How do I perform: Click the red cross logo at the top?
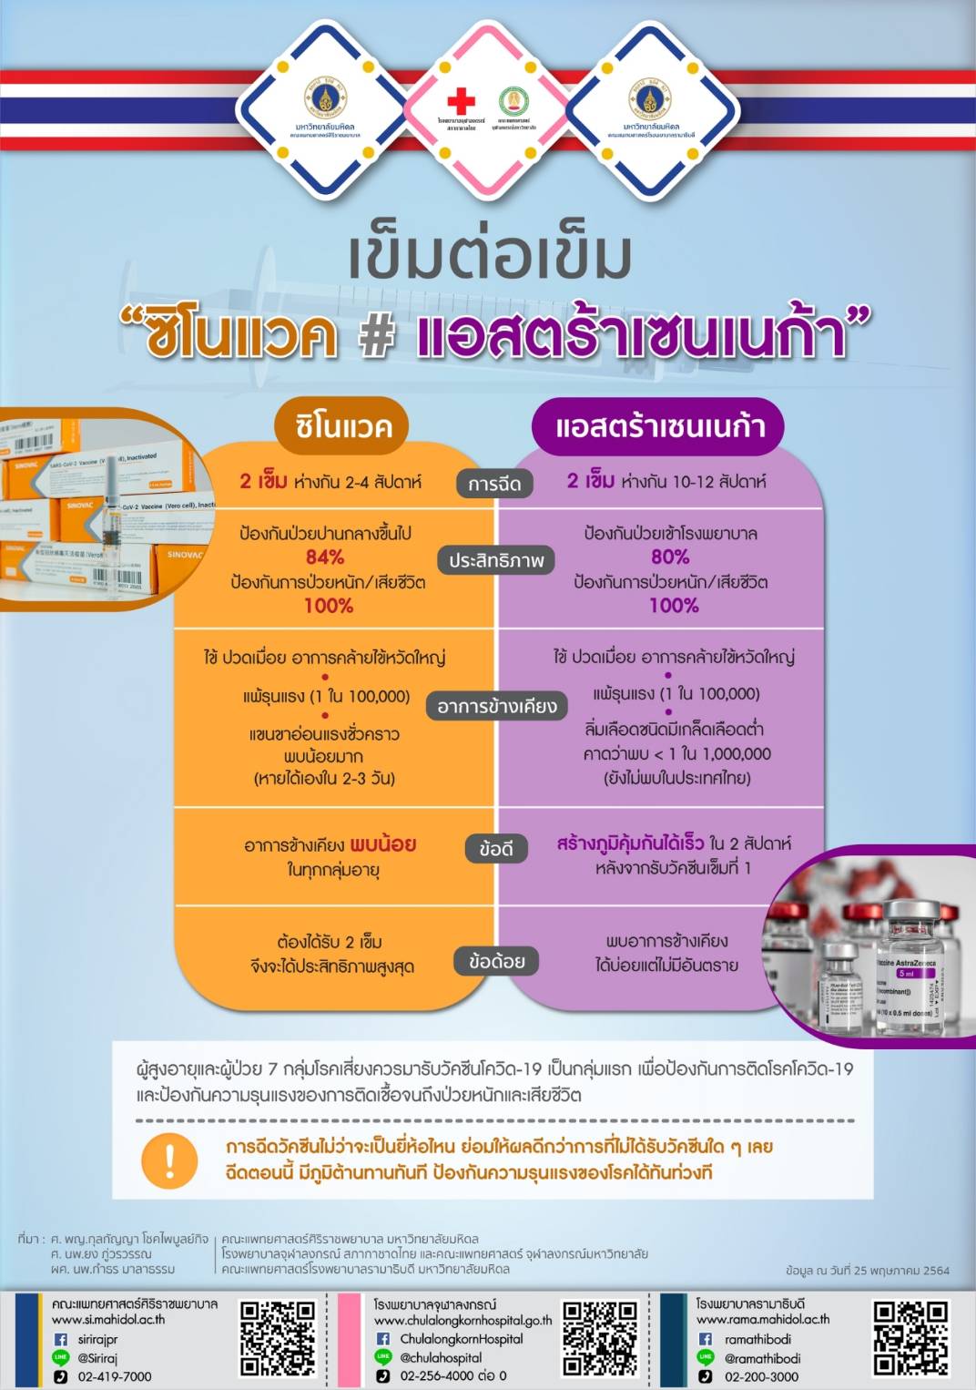(461, 100)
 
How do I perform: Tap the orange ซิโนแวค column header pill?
(342, 426)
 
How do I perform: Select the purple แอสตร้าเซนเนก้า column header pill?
(658, 426)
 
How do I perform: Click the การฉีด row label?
(494, 484)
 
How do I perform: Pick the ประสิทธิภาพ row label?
(496, 560)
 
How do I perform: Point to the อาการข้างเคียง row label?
(496, 706)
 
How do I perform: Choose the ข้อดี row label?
(496, 849)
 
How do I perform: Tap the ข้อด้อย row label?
(496, 961)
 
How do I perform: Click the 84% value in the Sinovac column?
(325, 557)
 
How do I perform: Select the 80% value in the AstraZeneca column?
(670, 557)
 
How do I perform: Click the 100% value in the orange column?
(328, 606)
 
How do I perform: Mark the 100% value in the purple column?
(674, 606)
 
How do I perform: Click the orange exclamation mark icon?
(169, 1160)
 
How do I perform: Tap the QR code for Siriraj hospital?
(278, 1338)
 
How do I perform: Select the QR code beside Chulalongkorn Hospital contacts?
(599, 1338)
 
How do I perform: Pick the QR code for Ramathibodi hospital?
(910, 1338)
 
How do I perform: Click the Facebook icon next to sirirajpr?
(61, 1339)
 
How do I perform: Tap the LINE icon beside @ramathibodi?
(706, 1357)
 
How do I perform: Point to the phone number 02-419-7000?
(115, 1376)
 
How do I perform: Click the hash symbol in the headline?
(376, 335)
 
